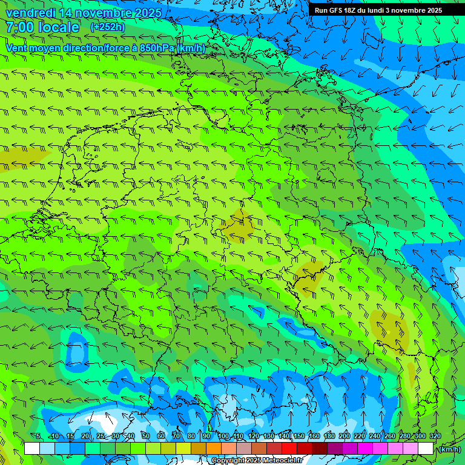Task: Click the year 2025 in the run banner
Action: coord(432,10)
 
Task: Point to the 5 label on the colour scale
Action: coord(38,437)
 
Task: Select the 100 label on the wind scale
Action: coord(223,437)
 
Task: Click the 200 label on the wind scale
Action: coord(345,437)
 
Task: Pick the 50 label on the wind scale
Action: coord(145,437)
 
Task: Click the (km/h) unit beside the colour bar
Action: coord(449,449)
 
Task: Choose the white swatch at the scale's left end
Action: coord(32,449)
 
